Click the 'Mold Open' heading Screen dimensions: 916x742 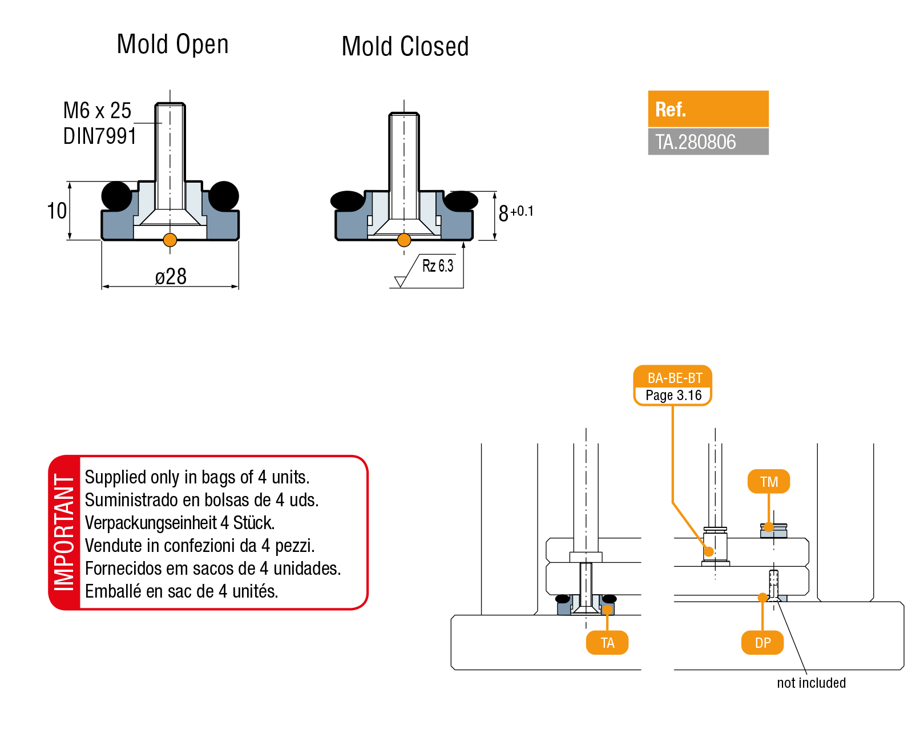[x=172, y=44]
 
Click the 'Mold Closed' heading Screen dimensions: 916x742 [x=405, y=46]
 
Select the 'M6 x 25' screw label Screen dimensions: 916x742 [x=97, y=110]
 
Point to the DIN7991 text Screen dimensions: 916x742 [x=100, y=136]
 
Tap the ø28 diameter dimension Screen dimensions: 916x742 [x=171, y=276]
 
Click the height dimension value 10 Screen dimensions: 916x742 [x=57, y=211]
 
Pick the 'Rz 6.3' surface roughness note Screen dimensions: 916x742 [x=438, y=265]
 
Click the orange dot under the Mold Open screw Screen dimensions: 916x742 [x=170, y=240]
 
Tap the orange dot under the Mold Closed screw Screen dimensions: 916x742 [x=404, y=240]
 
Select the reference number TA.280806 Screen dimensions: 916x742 [x=695, y=142]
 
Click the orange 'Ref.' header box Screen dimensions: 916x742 [x=708, y=109]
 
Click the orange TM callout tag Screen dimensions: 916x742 [x=769, y=481]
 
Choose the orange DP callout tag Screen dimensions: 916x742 [x=762, y=643]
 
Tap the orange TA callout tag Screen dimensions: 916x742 [x=607, y=643]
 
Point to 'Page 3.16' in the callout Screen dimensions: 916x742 [x=673, y=395]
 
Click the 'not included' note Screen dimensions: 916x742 [x=811, y=683]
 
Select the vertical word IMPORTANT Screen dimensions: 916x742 [x=64, y=532]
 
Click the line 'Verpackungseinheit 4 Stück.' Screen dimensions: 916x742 [x=180, y=523]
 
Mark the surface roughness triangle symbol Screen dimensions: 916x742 [x=400, y=281]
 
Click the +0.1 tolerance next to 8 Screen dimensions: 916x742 [x=522, y=211]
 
